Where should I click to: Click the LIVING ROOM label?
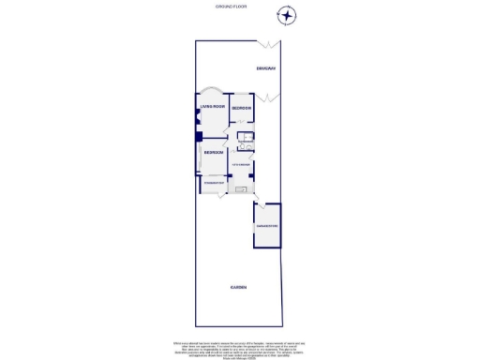pyautogui.click(x=211, y=108)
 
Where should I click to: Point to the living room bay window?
pyautogui.click(x=208, y=91)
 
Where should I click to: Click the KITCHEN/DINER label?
pyautogui.click(x=241, y=165)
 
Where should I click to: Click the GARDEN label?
pyautogui.click(x=239, y=287)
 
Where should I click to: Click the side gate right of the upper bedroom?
pyautogui.click(x=269, y=97)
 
